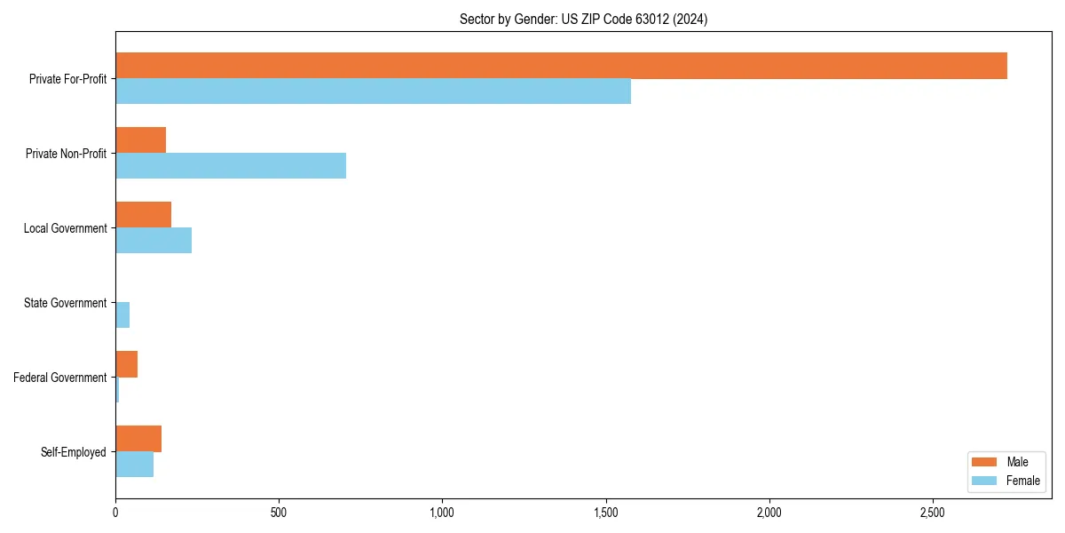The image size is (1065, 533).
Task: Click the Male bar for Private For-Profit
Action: [561, 66]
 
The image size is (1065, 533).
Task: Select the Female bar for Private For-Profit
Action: [373, 91]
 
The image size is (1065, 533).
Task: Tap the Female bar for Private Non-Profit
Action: [231, 166]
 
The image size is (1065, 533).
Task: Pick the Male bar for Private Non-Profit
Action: [140, 140]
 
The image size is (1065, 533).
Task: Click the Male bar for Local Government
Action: [143, 215]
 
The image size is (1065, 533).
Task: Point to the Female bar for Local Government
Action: [154, 241]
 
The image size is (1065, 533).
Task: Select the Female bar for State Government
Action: [122, 315]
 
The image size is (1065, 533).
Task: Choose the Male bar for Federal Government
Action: [126, 364]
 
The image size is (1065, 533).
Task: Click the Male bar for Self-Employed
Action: [138, 439]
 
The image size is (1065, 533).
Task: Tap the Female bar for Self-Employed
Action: [134, 465]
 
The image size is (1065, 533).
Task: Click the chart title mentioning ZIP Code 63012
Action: [583, 19]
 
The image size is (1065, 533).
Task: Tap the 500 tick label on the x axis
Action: [279, 513]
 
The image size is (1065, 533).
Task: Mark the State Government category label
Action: [65, 303]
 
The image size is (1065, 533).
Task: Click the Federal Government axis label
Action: [59, 378]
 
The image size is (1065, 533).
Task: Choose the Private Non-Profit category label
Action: [66, 154]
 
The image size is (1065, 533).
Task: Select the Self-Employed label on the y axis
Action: [73, 452]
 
